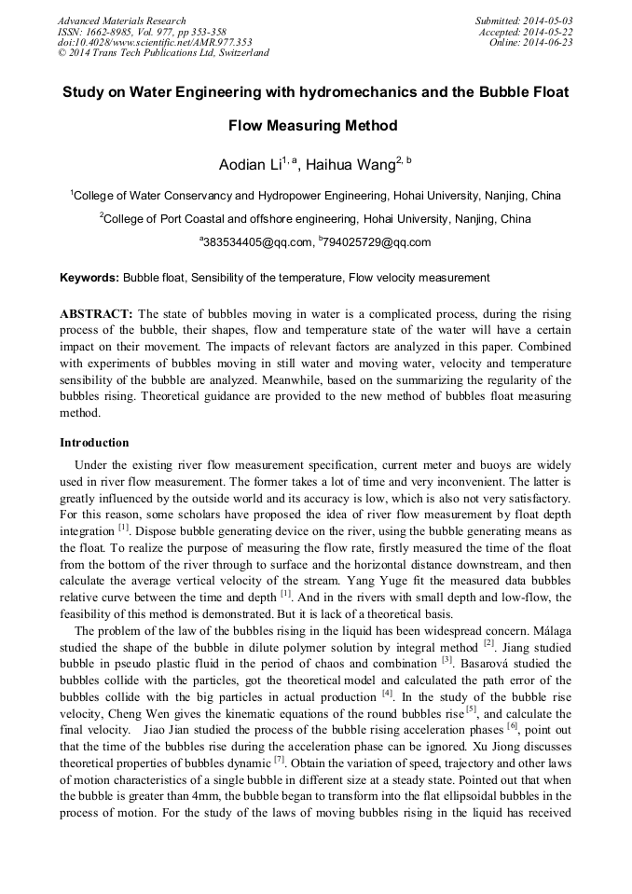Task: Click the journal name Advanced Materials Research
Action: (122, 21)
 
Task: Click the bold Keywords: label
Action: (89, 278)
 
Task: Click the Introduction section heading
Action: (94, 443)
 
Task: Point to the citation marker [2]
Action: (488, 642)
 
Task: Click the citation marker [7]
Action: (279, 760)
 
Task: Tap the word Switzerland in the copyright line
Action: (241, 53)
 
